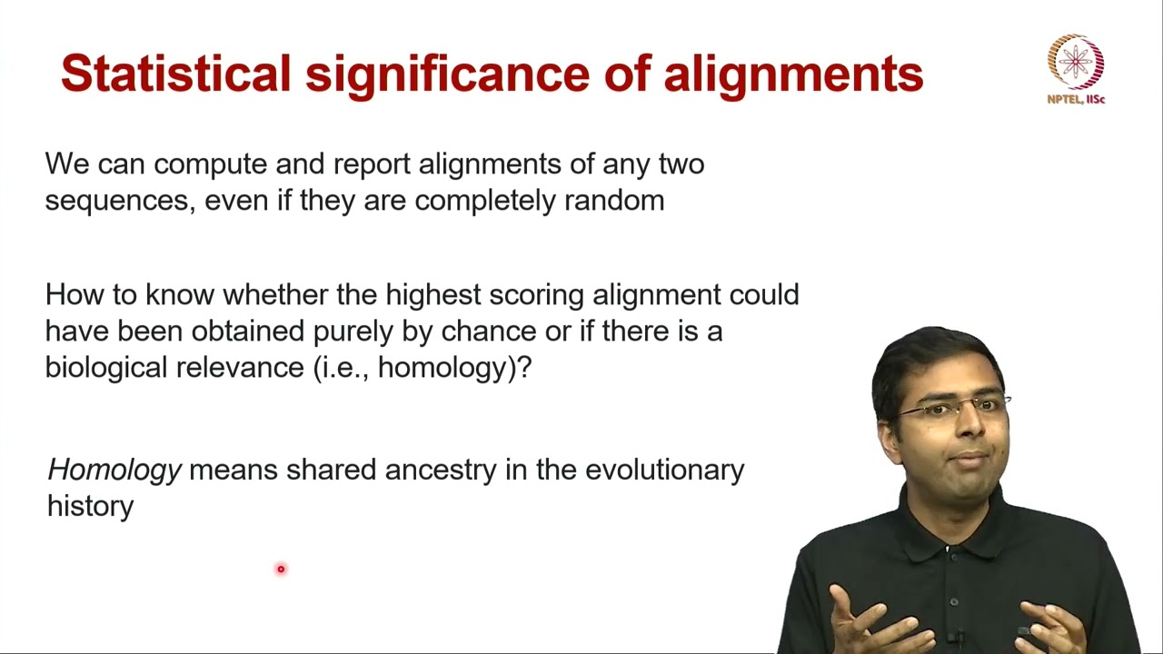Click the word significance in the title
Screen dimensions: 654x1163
447,74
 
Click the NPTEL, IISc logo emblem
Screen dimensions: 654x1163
1076,62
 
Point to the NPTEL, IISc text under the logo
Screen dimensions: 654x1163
1076,99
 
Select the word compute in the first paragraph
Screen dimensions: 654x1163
213,165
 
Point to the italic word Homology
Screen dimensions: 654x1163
114,470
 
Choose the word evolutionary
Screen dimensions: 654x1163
664,470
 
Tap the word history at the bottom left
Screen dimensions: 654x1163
90,506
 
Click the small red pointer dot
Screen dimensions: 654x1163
281,569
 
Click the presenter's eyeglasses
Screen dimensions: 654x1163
954,407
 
